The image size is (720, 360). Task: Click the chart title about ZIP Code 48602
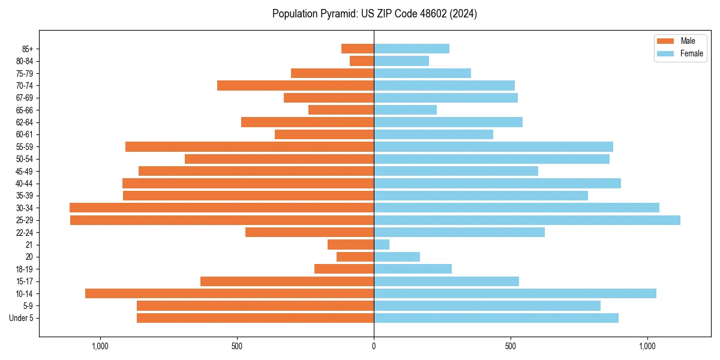click(x=374, y=14)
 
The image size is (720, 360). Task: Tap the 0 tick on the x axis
click(x=374, y=346)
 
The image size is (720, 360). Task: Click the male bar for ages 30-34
click(x=222, y=208)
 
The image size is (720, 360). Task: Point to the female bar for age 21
click(x=382, y=244)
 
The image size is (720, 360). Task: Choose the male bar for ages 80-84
click(x=362, y=61)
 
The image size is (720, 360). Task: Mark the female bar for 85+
click(x=412, y=49)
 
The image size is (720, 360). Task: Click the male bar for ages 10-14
click(x=230, y=293)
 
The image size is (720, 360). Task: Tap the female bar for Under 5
click(x=496, y=318)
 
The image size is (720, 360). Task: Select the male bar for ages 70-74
click(x=296, y=85)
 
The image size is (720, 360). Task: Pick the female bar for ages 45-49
click(x=456, y=171)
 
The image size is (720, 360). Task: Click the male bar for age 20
click(x=355, y=257)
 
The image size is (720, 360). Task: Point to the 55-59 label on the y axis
click(x=25, y=146)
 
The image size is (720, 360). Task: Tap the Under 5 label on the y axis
click(x=22, y=318)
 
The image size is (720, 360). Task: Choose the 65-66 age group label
click(x=25, y=110)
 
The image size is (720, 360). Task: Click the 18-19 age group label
click(x=25, y=269)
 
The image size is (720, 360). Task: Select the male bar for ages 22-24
click(x=310, y=232)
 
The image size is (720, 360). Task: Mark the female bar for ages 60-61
click(x=433, y=134)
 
